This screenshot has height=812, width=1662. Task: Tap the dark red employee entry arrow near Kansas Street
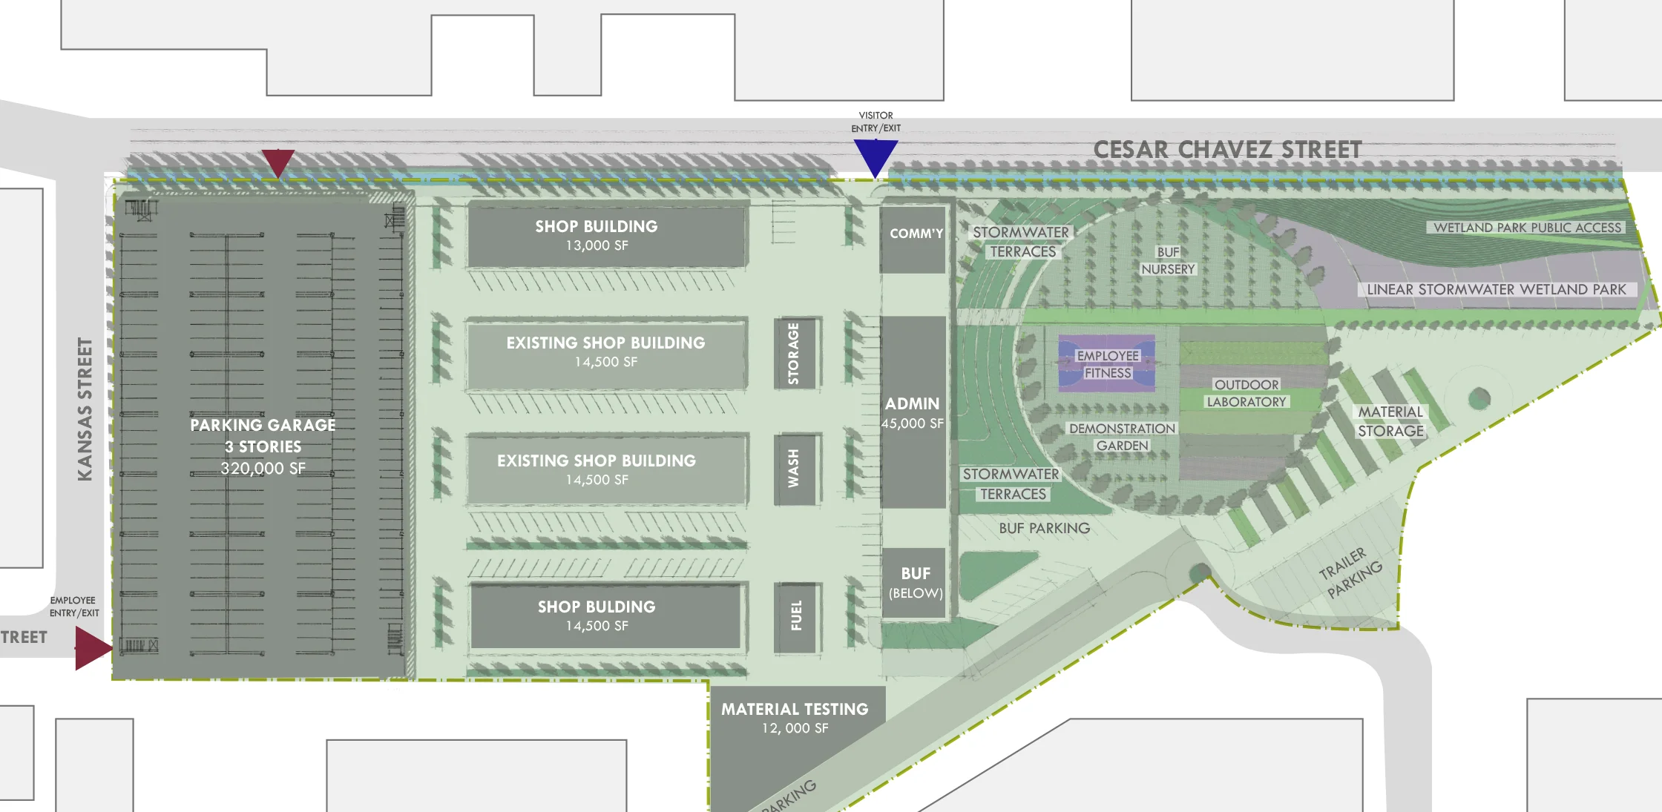point(91,647)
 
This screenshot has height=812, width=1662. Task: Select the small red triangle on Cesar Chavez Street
point(278,161)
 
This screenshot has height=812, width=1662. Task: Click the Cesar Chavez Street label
point(1227,150)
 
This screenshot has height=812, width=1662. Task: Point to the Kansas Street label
point(85,409)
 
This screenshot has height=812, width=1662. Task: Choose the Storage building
point(794,353)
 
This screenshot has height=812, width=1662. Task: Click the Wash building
point(794,469)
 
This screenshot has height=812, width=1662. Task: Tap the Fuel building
point(796,616)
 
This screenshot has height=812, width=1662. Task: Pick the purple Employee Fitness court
point(1106,364)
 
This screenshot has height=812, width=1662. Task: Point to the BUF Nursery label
point(1168,260)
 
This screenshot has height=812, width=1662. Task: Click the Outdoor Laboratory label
point(1246,393)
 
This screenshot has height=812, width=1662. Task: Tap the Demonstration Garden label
point(1122,437)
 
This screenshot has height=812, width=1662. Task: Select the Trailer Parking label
point(1350,572)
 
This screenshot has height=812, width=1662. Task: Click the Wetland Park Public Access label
point(1527,228)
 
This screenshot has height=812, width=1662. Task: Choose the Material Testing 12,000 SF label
point(795,718)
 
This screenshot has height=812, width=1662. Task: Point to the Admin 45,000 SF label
point(913,413)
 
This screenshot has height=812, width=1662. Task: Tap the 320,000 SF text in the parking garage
point(263,469)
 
